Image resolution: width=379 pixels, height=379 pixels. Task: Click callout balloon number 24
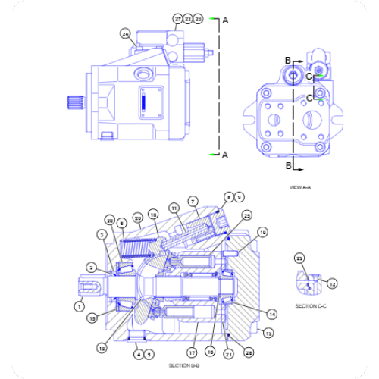(x=125, y=33)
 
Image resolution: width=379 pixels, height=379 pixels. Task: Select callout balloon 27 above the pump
(x=177, y=17)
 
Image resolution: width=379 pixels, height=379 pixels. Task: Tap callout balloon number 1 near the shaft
(x=79, y=306)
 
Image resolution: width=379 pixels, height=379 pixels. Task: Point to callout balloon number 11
(x=174, y=207)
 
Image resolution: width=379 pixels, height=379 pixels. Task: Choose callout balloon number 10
(x=262, y=232)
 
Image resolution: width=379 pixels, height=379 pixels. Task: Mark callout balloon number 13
(x=268, y=332)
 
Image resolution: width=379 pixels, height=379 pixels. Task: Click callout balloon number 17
(x=193, y=352)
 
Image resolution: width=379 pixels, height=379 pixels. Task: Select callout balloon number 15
(x=92, y=318)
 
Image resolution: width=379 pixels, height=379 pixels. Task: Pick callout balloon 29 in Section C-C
(x=299, y=259)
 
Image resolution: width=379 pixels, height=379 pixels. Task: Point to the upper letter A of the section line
(x=224, y=21)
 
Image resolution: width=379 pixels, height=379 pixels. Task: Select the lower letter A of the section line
(x=224, y=155)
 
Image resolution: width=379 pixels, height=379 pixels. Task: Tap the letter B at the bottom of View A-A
(x=288, y=164)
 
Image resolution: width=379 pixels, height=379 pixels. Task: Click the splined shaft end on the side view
(x=75, y=102)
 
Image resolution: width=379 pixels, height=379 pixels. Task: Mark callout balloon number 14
(x=272, y=312)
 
